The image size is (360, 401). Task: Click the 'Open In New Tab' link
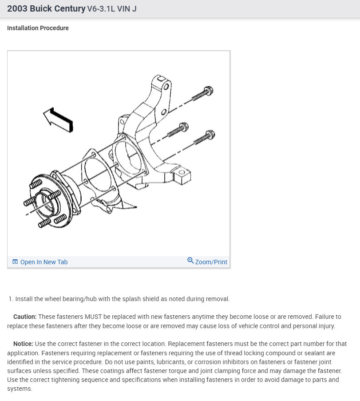click(x=44, y=262)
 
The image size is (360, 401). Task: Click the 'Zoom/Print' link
click(x=211, y=262)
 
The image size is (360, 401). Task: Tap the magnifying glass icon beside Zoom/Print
click(x=190, y=261)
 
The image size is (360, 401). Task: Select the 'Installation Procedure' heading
click(x=38, y=28)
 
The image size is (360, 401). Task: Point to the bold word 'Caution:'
click(x=25, y=317)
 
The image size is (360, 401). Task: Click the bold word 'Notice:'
click(x=23, y=344)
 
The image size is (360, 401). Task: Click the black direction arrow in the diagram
click(x=58, y=119)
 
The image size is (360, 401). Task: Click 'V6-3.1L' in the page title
click(x=103, y=9)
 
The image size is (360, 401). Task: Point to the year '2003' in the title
click(x=17, y=8)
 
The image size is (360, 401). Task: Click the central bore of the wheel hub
click(x=46, y=203)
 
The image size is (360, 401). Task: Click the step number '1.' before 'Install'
click(x=11, y=299)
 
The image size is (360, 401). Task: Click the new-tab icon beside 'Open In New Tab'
click(x=15, y=262)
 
